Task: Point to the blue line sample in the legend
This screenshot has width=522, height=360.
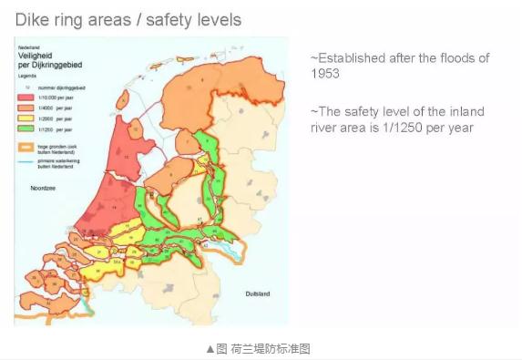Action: point(25,161)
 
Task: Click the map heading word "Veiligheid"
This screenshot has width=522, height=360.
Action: point(35,55)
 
